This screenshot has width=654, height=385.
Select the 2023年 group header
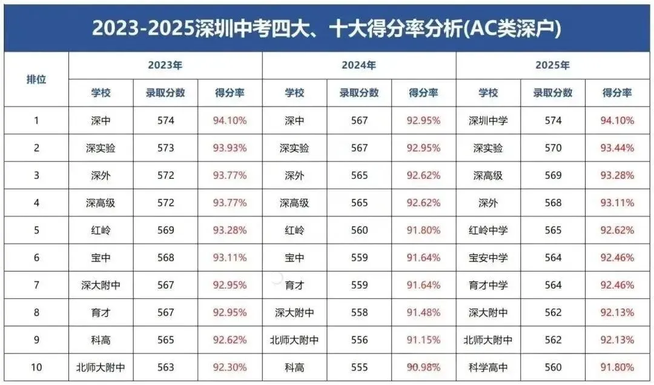point(165,65)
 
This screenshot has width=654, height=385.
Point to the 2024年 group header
point(358,65)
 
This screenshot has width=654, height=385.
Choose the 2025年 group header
point(552,65)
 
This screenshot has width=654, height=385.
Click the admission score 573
point(165,148)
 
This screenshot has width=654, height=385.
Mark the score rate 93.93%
point(230,148)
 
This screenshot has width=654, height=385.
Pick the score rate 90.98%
point(423,367)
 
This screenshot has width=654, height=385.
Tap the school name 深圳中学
point(488,121)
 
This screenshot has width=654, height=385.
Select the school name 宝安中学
point(488,258)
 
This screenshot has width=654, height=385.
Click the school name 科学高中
point(488,367)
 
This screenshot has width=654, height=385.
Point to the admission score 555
point(359,367)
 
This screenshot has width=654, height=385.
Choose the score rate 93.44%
point(617,148)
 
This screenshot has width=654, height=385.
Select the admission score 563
point(165,367)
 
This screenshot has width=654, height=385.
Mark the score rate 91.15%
point(423,340)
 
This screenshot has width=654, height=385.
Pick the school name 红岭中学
point(488,230)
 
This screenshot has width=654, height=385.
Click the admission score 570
point(553,148)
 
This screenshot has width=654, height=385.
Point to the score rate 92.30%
point(230,367)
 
